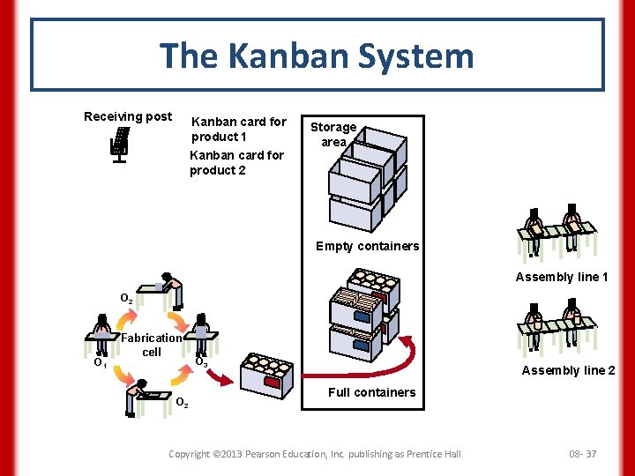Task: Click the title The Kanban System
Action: point(317,56)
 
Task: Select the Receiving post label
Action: point(128,116)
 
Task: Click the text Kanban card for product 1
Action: point(239,129)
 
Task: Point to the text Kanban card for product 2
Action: point(236,162)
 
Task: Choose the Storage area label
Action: point(333,134)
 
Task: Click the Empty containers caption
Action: point(367,246)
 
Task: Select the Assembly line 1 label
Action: point(562,277)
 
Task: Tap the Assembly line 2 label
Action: point(568,370)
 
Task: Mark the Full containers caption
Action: point(371,392)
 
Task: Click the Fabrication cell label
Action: point(152,345)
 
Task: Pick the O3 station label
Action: point(201,362)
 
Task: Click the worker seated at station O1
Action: point(103,328)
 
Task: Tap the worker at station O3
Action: point(202,329)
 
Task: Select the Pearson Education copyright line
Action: point(315,454)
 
